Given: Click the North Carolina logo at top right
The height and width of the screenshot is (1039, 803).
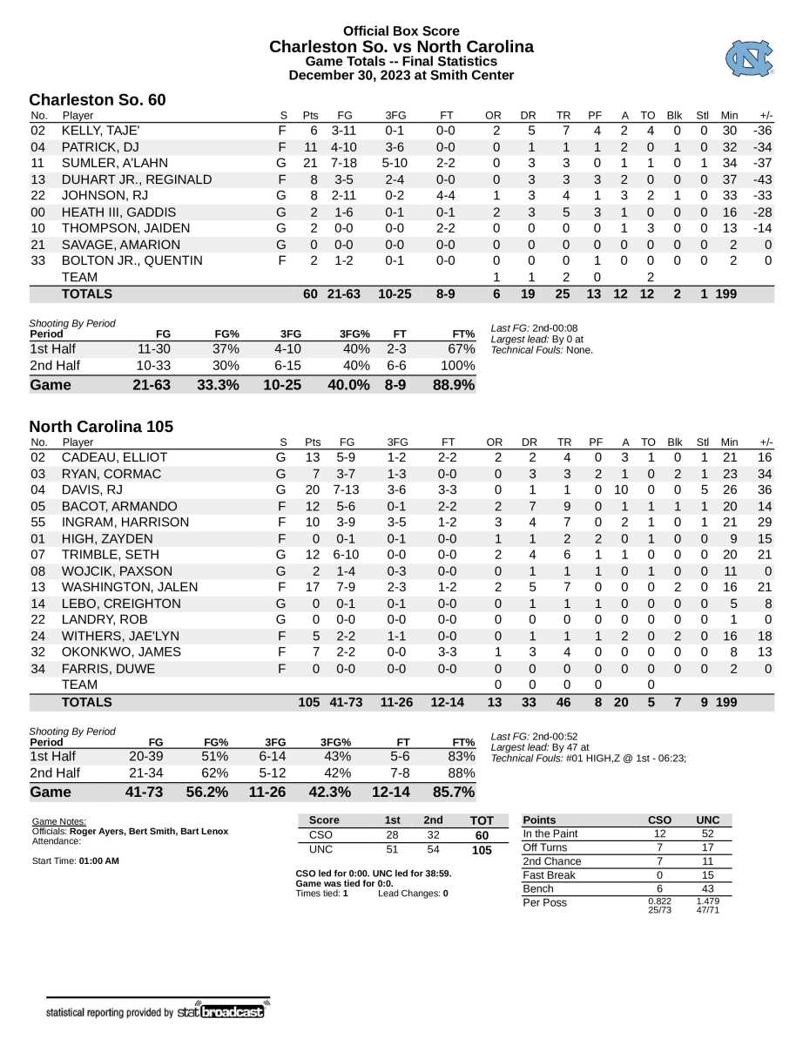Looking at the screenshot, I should click(748, 58).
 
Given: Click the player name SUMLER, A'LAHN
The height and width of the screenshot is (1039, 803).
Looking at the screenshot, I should click(109, 163).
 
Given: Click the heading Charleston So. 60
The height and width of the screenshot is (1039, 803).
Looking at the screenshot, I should click(97, 101).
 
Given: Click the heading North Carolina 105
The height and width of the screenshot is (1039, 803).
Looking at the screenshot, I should click(101, 427).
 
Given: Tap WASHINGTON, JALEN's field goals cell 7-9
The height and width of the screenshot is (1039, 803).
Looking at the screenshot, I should click(344, 588).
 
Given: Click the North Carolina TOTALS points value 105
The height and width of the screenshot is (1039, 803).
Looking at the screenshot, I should click(308, 702).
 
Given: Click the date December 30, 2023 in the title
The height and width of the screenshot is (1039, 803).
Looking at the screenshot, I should click(357, 76).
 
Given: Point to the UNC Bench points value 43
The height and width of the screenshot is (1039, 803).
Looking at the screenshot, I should click(708, 888).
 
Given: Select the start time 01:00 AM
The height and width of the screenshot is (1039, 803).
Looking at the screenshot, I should click(98, 861).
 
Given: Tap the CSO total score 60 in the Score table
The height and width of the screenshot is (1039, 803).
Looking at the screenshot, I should click(481, 835).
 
